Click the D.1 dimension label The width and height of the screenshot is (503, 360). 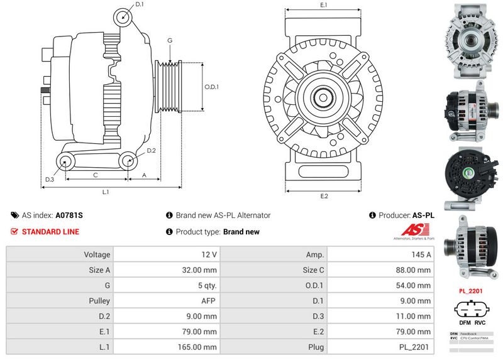click(140, 4)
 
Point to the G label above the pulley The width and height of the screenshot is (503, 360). click(170, 41)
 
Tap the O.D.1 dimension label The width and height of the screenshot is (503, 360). click(212, 87)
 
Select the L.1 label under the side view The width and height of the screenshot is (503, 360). click(106, 192)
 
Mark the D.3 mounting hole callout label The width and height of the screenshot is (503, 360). click(50, 180)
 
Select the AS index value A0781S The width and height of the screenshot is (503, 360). click(69, 215)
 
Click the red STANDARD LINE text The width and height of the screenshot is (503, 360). click(50, 232)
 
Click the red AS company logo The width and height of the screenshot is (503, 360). click(413, 231)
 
